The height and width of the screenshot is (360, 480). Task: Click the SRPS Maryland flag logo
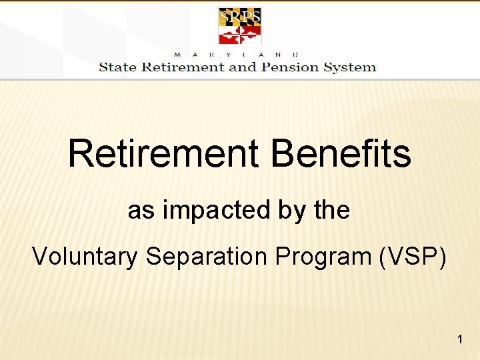[240, 26]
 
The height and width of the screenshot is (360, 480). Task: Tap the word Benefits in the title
[341, 153]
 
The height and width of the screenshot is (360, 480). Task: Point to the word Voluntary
[84, 256]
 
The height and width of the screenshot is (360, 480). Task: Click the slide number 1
[460, 341]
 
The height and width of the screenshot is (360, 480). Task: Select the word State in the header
[117, 67]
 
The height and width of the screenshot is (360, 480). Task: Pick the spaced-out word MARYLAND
[237, 54]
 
